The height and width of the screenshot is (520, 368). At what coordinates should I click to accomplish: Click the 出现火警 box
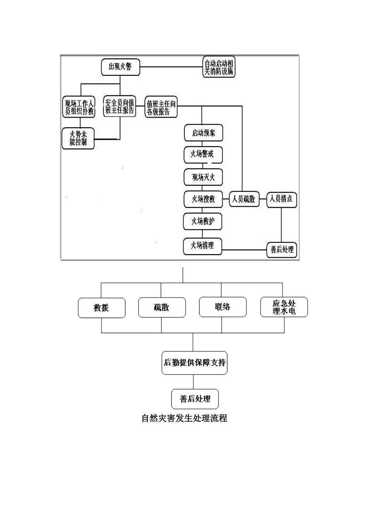click(120, 67)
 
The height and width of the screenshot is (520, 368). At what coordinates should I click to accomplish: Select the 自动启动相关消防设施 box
click(219, 67)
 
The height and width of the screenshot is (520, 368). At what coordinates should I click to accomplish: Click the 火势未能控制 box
click(78, 138)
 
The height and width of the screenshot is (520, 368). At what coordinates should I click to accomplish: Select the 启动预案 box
click(203, 133)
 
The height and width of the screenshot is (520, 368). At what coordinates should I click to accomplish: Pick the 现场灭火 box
click(203, 177)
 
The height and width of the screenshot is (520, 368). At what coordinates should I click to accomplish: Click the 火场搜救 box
click(203, 199)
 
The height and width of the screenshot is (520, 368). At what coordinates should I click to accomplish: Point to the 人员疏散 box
click(244, 199)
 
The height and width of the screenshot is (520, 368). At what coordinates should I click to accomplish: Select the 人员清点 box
click(282, 199)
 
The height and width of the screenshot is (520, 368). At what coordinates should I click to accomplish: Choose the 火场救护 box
click(203, 221)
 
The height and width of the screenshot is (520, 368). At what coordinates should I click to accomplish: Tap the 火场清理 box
click(203, 245)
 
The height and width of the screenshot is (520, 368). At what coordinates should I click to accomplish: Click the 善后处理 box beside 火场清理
click(282, 250)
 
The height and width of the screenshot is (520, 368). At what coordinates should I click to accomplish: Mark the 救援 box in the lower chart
click(101, 308)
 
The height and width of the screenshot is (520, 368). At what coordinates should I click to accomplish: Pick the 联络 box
click(222, 307)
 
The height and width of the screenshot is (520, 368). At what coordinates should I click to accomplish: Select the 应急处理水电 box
click(284, 307)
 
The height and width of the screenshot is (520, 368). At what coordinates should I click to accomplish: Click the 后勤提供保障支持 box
click(194, 363)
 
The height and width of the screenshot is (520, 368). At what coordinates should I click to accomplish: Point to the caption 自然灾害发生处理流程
click(184, 418)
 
